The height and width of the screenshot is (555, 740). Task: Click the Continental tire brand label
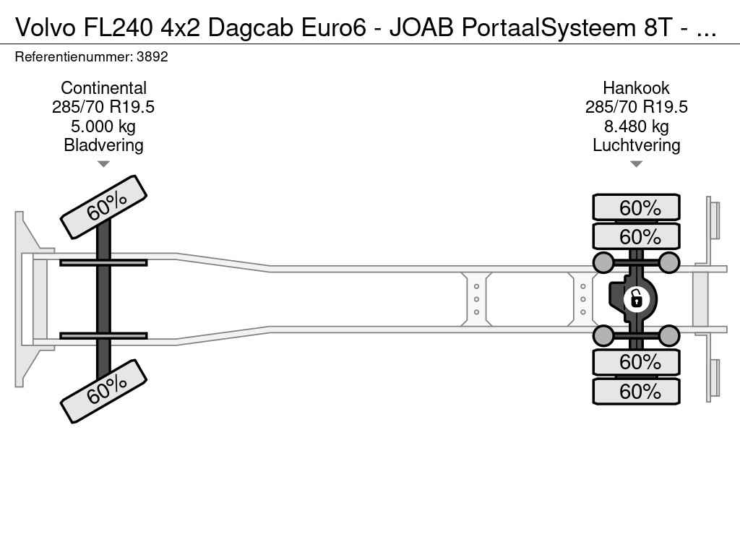click(103, 87)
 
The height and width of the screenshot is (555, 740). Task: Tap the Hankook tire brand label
click(636, 87)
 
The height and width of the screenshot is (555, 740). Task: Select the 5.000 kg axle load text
click(103, 126)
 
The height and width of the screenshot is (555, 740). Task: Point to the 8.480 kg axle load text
click(636, 126)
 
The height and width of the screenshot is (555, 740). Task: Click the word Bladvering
click(103, 145)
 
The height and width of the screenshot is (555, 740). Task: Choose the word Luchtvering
click(636, 145)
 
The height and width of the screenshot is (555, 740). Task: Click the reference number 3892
click(152, 56)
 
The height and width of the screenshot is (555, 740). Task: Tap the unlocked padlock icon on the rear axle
click(636, 299)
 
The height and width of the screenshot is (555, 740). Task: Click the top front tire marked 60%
click(103, 207)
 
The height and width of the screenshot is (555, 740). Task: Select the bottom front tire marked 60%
click(103, 391)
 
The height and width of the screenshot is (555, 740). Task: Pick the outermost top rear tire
click(636, 207)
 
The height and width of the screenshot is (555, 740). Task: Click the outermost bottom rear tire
click(636, 391)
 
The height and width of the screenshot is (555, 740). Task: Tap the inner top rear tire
click(636, 236)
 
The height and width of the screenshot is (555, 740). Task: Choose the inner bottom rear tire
click(636, 362)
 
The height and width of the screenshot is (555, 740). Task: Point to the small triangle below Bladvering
click(103, 164)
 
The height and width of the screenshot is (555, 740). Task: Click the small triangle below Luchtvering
click(636, 164)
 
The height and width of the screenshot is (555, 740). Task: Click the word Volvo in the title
click(46, 28)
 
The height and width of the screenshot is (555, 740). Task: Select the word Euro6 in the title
click(334, 28)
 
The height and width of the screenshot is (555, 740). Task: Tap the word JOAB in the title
click(421, 28)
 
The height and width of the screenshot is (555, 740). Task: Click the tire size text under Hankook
click(636, 107)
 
